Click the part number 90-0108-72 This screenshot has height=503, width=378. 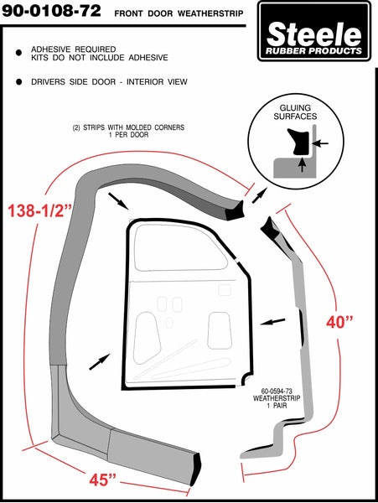(x=51, y=11)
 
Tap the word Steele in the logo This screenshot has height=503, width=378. (x=313, y=34)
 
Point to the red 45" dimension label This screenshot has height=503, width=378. (x=102, y=480)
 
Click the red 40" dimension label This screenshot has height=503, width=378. (x=339, y=322)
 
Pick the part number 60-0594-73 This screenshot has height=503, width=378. (x=277, y=391)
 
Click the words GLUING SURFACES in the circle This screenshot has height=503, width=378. (x=295, y=112)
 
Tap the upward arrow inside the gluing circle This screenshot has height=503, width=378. (x=302, y=164)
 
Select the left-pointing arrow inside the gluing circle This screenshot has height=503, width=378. (x=320, y=143)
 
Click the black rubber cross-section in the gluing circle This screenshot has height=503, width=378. (x=299, y=141)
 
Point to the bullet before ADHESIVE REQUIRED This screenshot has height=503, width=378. (x=19, y=53)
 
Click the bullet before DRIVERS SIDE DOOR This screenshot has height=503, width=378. (x=19, y=82)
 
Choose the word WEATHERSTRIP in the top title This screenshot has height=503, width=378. (x=210, y=13)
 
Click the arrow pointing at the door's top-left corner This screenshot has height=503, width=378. (x=118, y=201)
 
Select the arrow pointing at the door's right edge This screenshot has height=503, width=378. (x=272, y=321)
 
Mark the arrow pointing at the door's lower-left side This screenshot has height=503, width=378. (x=100, y=361)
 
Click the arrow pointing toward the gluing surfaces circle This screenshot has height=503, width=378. (x=259, y=195)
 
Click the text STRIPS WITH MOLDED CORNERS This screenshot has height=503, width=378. (x=134, y=127)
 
